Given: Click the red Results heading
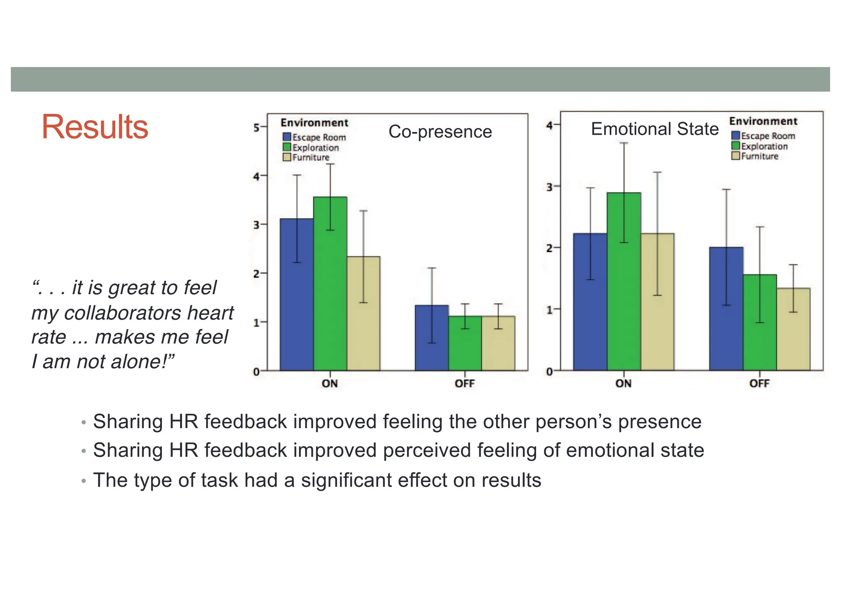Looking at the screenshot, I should pyautogui.click(x=95, y=127).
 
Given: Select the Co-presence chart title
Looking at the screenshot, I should pyautogui.click(x=440, y=132).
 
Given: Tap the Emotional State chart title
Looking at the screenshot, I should pyautogui.click(x=655, y=129).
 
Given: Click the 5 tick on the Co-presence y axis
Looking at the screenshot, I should pyautogui.click(x=257, y=127).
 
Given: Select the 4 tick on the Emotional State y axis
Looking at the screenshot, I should pyautogui.click(x=549, y=125).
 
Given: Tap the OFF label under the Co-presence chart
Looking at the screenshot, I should pyautogui.click(x=465, y=384).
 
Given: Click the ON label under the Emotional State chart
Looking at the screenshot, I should pyautogui.click(x=623, y=384).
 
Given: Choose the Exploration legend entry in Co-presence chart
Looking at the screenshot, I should pyautogui.click(x=315, y=148).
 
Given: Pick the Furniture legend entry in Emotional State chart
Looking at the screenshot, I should pyautogui.click(x=759, y=156).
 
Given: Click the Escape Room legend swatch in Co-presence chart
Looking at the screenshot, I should pyautogui.click(x=287, y=137).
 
